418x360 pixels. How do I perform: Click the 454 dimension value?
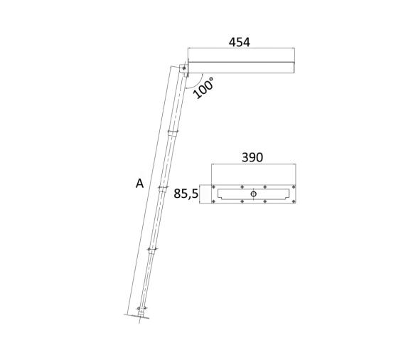click(239, 42)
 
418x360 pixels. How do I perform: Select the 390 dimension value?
click(252, 157)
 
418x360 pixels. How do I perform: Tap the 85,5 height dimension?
click(186, 193)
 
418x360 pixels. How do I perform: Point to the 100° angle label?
click(203, 88)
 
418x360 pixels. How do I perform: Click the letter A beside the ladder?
click(140, 184)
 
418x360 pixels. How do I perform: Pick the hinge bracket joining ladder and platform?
click(184, 69)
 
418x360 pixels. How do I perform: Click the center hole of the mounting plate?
click(253, 193)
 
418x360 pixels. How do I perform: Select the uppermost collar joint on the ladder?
click(171, 132)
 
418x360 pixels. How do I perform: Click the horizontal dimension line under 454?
click(242, 49)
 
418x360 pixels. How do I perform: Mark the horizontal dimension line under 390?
click(253, 165)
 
